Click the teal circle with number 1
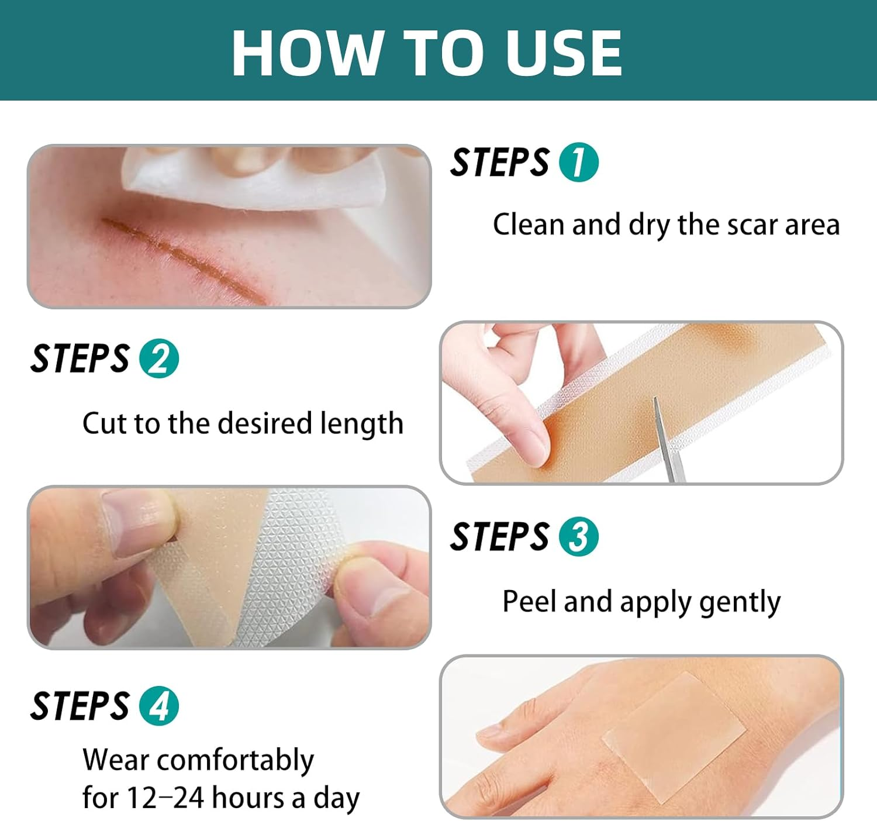[x=579, y=163]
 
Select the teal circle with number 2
[x=158, y=358]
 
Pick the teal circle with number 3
[x=579, y=536]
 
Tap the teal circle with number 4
[x=158, y=706]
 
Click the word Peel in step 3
[x=528, y=601]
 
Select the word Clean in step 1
[x=529, y=225]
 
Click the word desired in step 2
[x=265, y=423]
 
